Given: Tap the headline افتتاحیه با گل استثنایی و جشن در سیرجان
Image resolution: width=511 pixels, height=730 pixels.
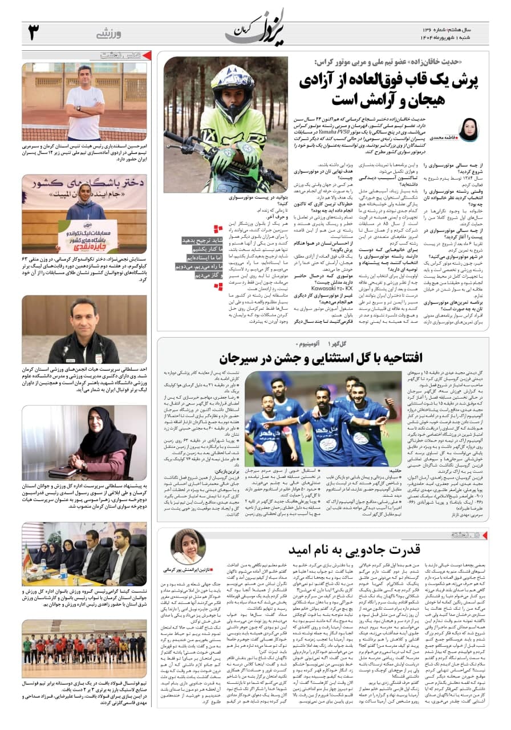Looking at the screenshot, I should point(321,358).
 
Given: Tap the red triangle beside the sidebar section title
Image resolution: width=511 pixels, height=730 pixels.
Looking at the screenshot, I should point(147,55).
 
